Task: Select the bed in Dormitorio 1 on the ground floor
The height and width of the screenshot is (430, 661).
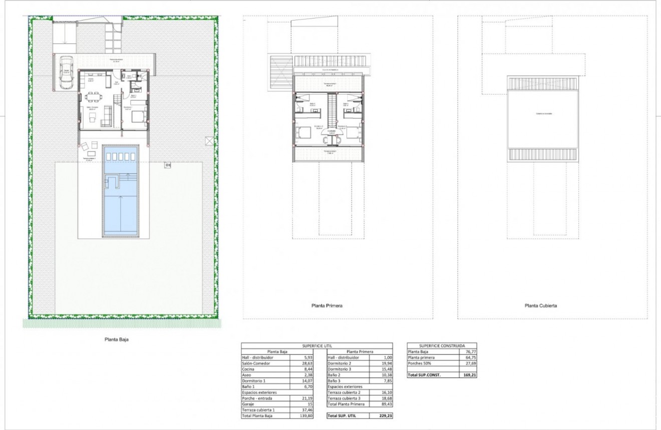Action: tap(138, 117)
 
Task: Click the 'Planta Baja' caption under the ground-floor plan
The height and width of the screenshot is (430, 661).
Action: tap(118, 339)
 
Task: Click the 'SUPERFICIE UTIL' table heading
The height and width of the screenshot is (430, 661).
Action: tap(317, 345)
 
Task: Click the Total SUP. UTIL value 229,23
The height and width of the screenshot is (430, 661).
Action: tap(379, 415)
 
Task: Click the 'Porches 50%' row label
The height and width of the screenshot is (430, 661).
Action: tap(421, 363)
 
